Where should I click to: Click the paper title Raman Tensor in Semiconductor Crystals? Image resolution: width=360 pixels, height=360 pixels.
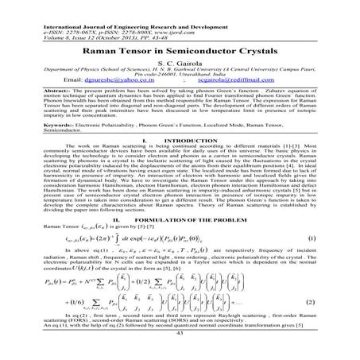(x=180, y=50)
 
